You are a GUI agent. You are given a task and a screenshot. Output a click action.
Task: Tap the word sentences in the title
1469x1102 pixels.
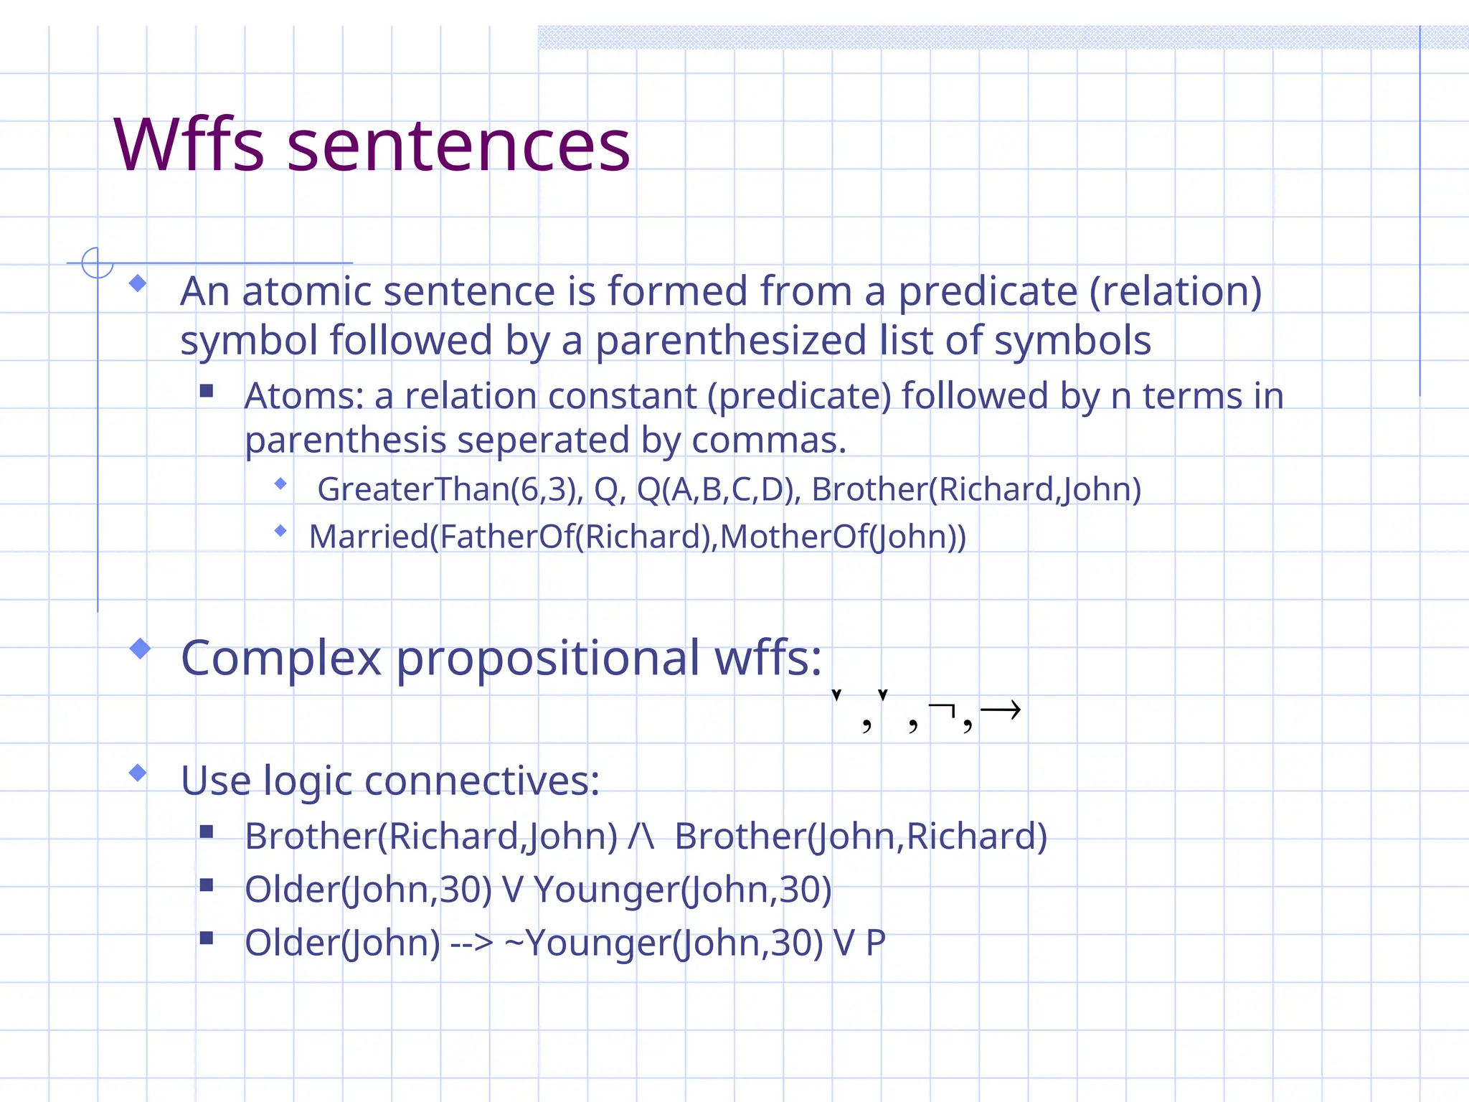point(458,147)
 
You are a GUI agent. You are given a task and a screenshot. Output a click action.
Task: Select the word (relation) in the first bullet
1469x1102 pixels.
point(1175,292)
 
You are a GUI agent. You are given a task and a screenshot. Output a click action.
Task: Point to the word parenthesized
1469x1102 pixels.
point(731,341)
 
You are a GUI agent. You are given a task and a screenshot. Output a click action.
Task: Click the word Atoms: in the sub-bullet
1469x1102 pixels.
point(304,396)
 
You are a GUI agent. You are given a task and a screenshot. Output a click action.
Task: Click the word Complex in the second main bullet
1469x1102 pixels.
point(280,658)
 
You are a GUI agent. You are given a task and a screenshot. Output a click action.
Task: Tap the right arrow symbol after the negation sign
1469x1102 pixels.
point(1000,710)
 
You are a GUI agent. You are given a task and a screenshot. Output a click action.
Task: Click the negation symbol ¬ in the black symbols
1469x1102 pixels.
point(942,710)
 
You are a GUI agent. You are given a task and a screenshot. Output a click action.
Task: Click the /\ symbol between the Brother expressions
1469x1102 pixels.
point(641,837)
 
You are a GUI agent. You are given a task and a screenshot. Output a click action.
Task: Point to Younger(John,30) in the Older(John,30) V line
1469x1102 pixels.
point(682,890)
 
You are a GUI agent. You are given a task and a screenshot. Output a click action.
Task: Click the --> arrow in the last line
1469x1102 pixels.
point(471,943)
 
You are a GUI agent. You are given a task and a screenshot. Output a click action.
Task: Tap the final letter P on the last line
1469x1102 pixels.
point(875,943)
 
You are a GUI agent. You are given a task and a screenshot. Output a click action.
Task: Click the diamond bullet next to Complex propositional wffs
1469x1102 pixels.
point(140,649)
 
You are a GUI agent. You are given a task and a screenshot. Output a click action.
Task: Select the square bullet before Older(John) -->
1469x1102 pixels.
point(207,938)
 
